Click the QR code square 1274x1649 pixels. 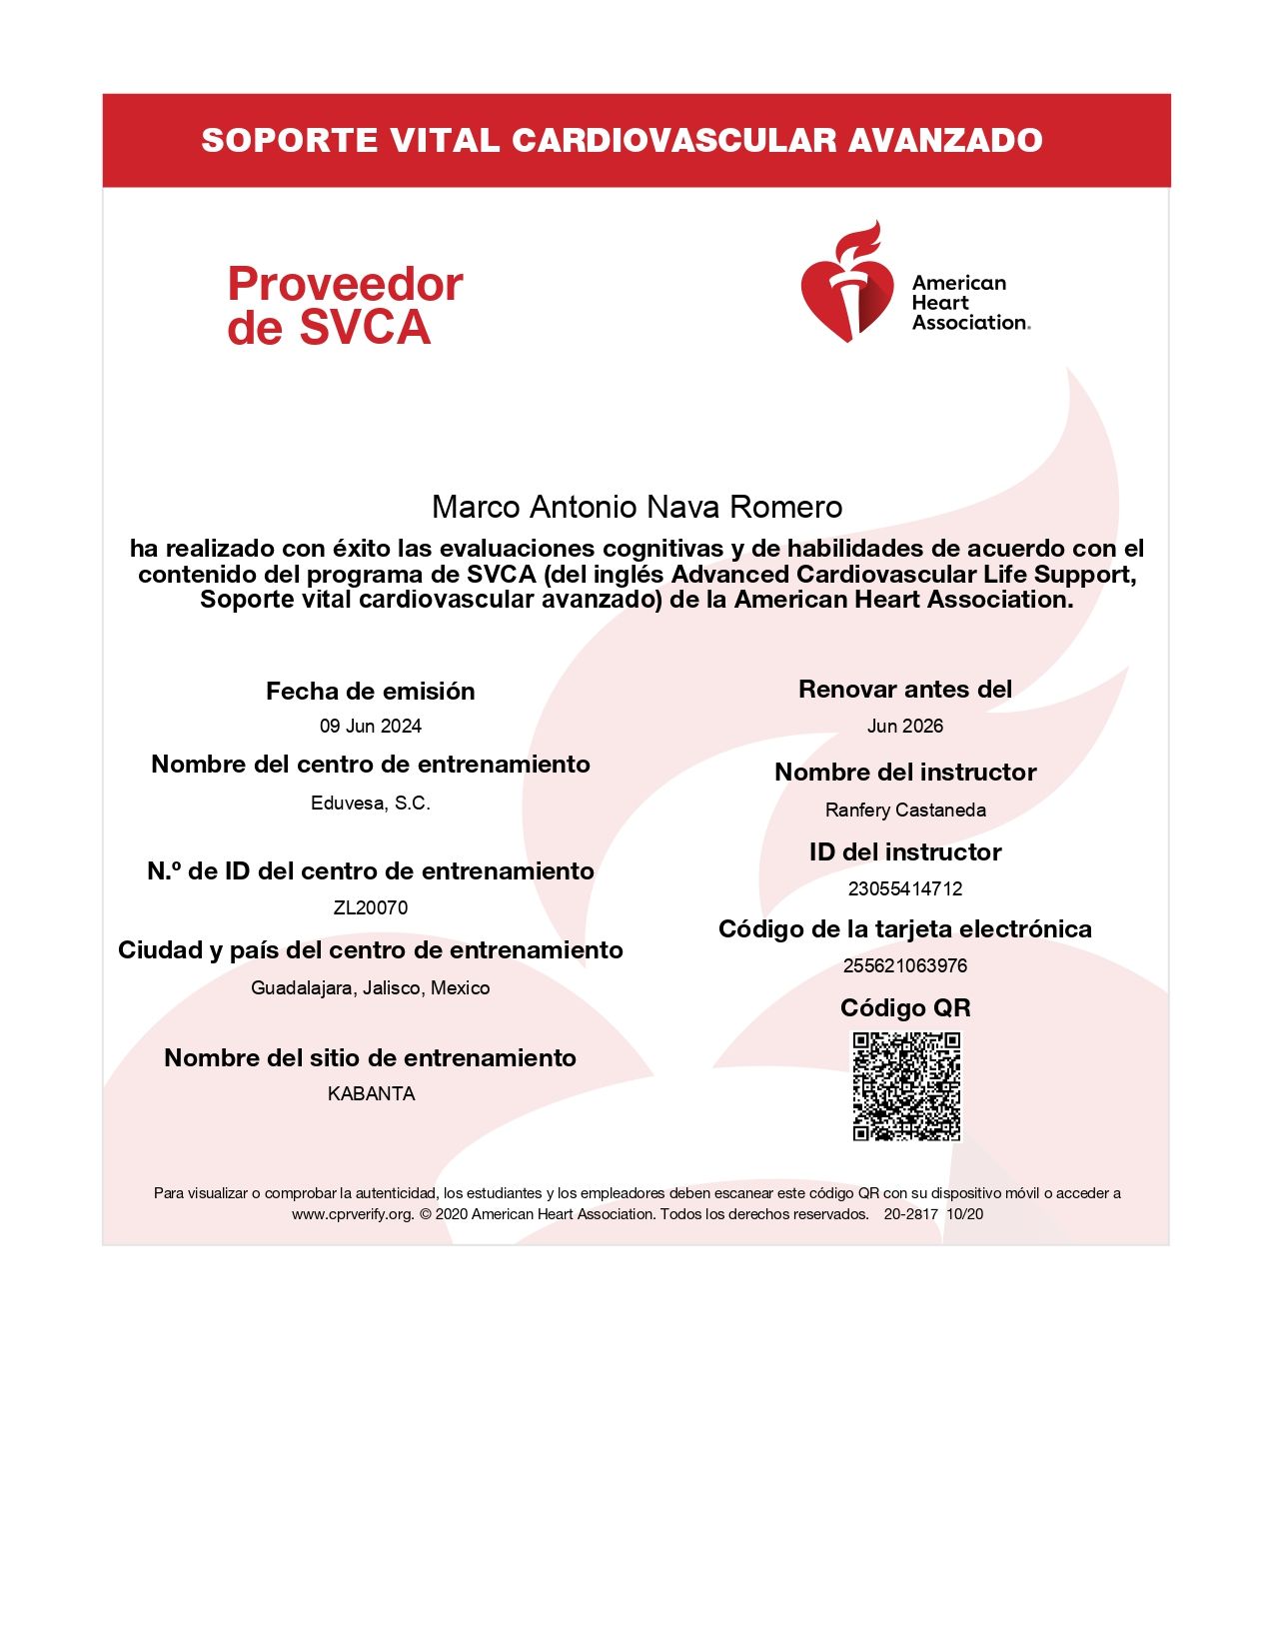tap(905, 1086)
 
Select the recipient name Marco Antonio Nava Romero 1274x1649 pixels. tap(637, 507)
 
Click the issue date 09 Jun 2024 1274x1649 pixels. tap(371, 727)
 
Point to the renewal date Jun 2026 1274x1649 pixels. tap(905, 727)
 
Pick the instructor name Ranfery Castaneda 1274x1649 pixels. tap(905, 811)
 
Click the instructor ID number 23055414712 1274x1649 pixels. tap(905, 888)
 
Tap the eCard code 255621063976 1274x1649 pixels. tap(905, 965)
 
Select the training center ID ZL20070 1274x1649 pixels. tap(371, 907)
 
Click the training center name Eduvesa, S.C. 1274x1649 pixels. tap(371, 804)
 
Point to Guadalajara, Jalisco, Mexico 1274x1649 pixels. tap(371, 988)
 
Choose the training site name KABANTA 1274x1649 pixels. tap(371, 1094)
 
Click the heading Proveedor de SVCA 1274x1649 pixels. tap(345, 306)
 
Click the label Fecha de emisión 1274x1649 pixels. tap(371, 692)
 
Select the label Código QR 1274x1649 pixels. tap(905, 1007)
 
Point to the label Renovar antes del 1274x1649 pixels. tap(905, 690)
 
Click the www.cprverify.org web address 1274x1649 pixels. tap(353, 1214)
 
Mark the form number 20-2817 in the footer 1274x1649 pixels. tap(910, 1214)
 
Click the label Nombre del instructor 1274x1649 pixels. tap(905, 773)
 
